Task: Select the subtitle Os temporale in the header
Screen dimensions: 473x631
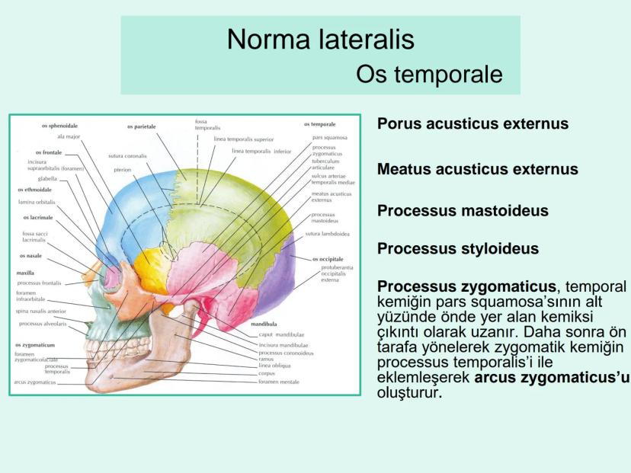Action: tap(429, 75)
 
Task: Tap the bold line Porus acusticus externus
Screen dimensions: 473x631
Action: tap(472, 124)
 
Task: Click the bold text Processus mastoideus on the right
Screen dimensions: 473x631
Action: tap(463, 211)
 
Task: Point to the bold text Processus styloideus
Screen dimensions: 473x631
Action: tap(458, 249)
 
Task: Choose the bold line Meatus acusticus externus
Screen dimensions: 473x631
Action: tap(477, 169)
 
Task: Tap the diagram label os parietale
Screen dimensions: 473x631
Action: tap(142, 126)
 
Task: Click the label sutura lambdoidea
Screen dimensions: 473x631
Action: tap(327, 234)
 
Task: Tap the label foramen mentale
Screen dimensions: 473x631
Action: tap(279, 382)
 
